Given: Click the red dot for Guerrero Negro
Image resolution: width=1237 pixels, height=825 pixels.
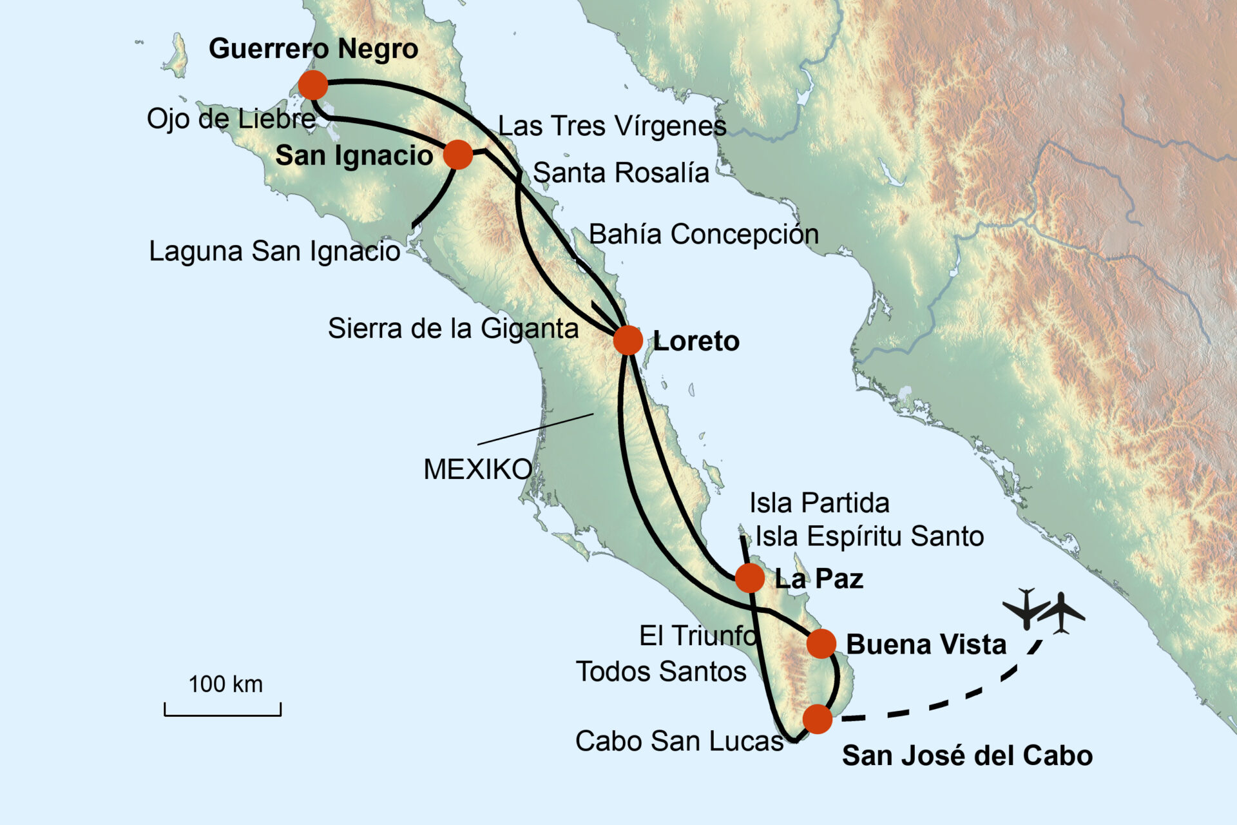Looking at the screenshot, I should [313, 85].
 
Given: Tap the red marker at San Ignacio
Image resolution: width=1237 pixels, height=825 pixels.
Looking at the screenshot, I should [458, 155].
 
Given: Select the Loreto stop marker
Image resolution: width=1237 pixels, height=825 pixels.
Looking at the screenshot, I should [628, 340].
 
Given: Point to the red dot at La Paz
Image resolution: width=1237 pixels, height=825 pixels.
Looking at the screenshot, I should [749, 577].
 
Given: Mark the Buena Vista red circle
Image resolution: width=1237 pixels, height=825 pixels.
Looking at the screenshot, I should [821, 643].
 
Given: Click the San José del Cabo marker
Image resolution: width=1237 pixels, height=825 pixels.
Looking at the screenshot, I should [818, 719].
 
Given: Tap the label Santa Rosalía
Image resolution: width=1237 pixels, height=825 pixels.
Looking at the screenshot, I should [621, 173].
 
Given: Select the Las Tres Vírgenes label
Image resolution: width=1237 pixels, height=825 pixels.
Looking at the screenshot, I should [612, 126].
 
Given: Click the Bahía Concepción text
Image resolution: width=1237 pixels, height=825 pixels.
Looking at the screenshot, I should [704, 234].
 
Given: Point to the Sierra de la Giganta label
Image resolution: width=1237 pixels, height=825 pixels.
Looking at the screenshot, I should [453, 329].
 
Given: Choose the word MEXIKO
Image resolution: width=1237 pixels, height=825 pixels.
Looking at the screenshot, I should [477, 469].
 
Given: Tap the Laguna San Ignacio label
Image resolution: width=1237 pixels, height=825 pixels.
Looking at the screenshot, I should [274, 251].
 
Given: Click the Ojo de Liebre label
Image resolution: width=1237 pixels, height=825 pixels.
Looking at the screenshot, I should [231, 119].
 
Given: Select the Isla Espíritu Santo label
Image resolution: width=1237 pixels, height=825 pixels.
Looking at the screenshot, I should [869, 536].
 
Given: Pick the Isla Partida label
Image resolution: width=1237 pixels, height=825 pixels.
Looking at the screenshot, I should [819, 503].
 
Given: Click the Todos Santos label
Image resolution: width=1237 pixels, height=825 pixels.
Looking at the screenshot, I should [661, 672].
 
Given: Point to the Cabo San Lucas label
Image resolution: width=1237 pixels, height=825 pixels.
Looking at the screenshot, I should [679, 741].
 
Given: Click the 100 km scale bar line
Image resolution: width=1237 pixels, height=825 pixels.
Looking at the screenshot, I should [223, 714].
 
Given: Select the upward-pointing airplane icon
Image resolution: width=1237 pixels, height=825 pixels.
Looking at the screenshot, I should [1062, 613].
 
